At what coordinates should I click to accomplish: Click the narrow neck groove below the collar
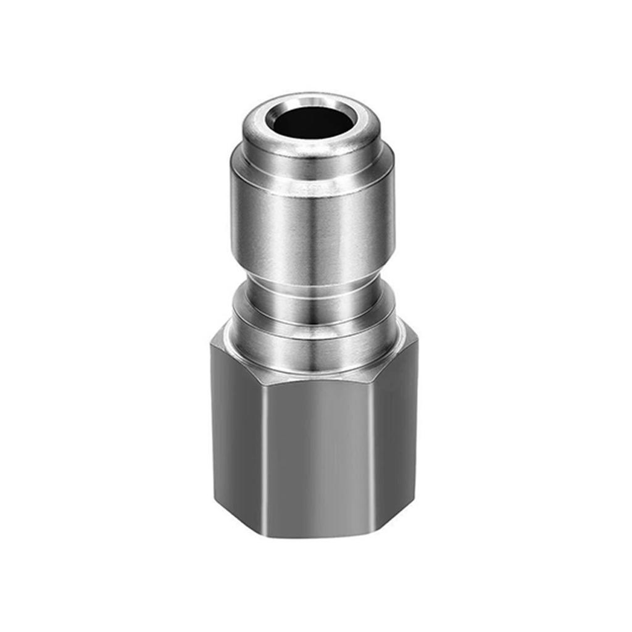(x=314, y=290)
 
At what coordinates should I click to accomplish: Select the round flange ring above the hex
(x=314, y=346)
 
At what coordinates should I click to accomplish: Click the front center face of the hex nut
(x=316, y=457)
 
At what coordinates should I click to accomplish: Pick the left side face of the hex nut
(x=237, y=444)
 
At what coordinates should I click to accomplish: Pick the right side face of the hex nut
(x=395, y=444)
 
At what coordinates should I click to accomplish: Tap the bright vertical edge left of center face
(x=264, y=457)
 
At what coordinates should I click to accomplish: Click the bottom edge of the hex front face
(x=316, y=536)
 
